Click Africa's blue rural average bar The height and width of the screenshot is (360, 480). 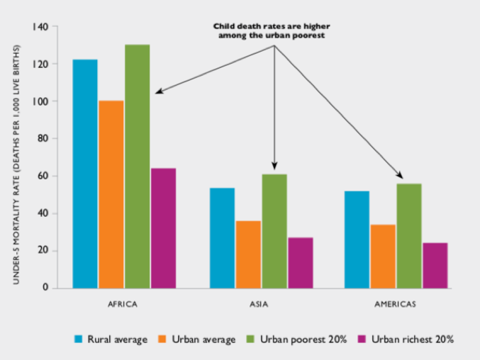(x=86, y=174)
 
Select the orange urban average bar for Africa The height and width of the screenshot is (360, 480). (x=111, y=194)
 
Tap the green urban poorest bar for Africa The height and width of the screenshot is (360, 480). (x=138, y=167)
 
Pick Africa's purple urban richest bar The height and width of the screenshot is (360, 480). (x=163, y=228)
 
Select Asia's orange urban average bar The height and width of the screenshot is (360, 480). (x=248, y=254)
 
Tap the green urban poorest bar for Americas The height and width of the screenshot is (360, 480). (x=409, y=236)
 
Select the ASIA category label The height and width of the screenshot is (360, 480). (x=262, y=305)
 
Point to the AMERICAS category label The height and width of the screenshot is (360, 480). (x=396, y=305)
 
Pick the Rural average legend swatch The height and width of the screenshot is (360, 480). (x=79, y=339)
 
